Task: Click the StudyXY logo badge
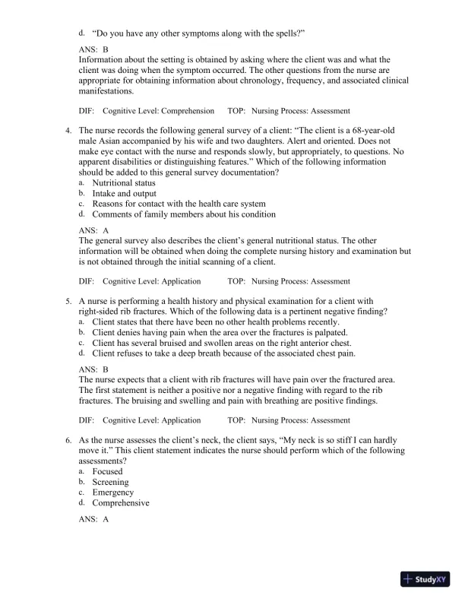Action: (427, 580)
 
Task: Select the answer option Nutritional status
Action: (123, 183)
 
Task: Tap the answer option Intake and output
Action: (124, 194)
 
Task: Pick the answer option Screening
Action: (110, 482)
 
